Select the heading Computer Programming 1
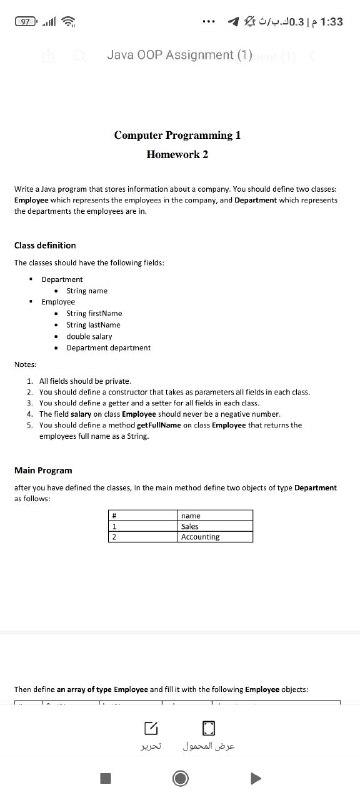178,134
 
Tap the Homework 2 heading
178,155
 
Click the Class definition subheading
45,245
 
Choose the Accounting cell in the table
200,537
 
